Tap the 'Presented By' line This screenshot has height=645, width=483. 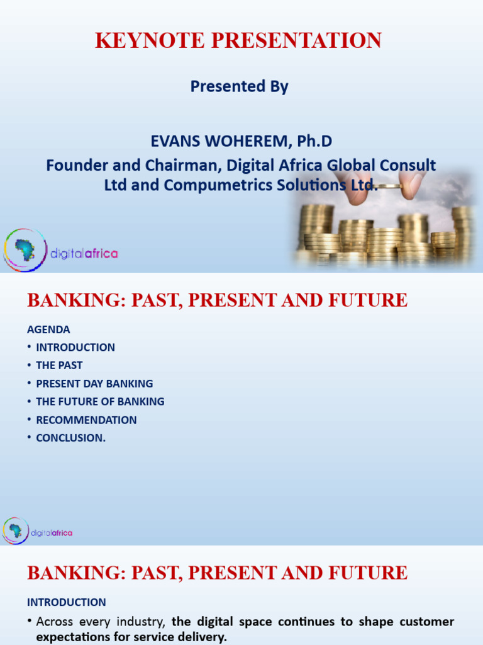(x=239, y=87)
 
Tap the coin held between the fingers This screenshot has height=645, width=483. (x=386, y=186)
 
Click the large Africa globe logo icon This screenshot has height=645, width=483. (x=25, y=250)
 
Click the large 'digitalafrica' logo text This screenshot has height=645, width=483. (x=84, y=253)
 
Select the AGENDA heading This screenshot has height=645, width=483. (x=48, y=329)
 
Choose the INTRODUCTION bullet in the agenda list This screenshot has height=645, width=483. (x=75, y=347)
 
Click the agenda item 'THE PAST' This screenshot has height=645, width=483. (x=59, y=365)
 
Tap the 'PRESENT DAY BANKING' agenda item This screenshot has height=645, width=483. (x=94, y=384)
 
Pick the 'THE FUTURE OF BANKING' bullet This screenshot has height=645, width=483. (x=100, y=401)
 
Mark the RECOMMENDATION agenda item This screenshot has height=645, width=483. (x=86, y=420)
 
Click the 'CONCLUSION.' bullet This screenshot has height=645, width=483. (x=70, y=438)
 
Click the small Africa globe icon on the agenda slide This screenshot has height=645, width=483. (x=15, y=530)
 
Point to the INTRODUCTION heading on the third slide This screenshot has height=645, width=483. (x=66, y=602)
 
